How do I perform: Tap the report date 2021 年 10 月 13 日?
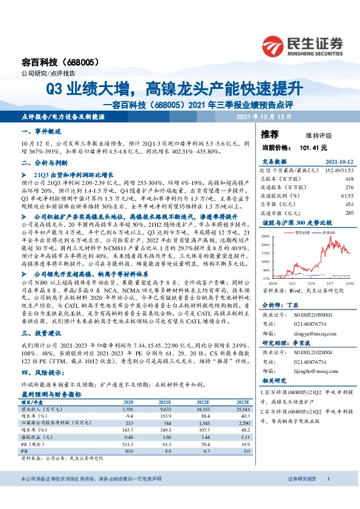click(x=263, y=116)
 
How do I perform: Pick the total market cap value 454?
click(x=349, y=205)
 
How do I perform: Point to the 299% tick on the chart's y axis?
click(x=264, y=236)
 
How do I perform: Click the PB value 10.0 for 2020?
click(x=128, y=450)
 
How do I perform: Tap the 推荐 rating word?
click(x=269, y=134)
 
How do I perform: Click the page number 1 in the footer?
click(x=327, y=496)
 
